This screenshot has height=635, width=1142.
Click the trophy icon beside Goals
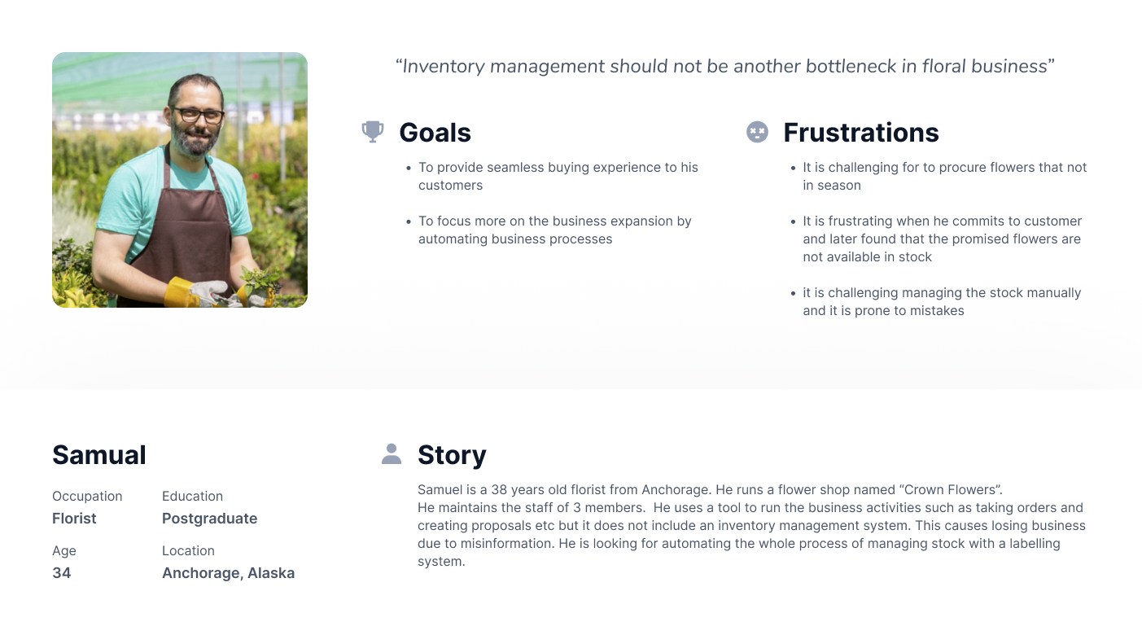click(373, 132)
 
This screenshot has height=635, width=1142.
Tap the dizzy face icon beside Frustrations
click(757, 132)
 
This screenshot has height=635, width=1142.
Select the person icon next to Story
click(392, 454)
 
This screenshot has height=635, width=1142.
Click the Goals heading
click(435, 133)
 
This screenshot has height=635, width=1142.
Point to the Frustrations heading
click(861, 133)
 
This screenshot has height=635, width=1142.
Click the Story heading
click(452, 455)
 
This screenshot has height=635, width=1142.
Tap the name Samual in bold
click(99, 455)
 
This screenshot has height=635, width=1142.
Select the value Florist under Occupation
click(74, 519)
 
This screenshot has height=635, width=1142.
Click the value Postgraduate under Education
click(209, 519)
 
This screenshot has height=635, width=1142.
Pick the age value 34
click(62, 573)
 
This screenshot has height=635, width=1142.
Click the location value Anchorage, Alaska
click(229, 573)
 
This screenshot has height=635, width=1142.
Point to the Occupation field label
click(87, 497)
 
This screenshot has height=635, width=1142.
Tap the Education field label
click(192, 496)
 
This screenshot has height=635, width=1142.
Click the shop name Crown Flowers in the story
click(949, 489)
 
